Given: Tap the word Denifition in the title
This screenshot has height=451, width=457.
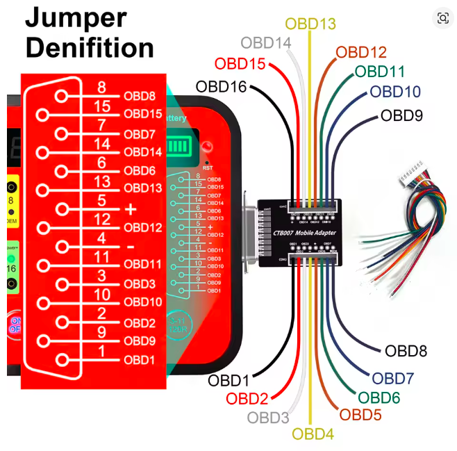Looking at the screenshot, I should pos(90,47).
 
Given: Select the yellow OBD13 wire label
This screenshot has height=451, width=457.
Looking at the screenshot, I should pos(310,24).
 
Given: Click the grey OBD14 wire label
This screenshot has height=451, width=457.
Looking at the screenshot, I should pos(266,43).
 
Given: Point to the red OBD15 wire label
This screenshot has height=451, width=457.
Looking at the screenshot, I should pos(240,64).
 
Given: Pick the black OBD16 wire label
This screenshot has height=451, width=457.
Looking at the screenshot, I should pos(221,87).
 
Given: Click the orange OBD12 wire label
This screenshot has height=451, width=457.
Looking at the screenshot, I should pos(361,52).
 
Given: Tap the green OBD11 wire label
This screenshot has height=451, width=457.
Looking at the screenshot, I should pos(380,72).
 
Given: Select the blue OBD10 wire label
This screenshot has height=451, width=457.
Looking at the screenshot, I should pos(395,92).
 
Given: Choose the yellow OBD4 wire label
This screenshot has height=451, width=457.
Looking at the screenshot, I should pos(313,434).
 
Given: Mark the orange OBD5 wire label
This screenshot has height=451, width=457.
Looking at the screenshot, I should pos(360,415).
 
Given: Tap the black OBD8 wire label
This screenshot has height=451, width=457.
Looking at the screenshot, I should pos(406,352).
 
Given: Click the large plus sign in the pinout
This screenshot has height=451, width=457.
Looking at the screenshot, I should pos(131,208).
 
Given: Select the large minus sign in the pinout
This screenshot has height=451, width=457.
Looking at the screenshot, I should pos(131,247).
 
